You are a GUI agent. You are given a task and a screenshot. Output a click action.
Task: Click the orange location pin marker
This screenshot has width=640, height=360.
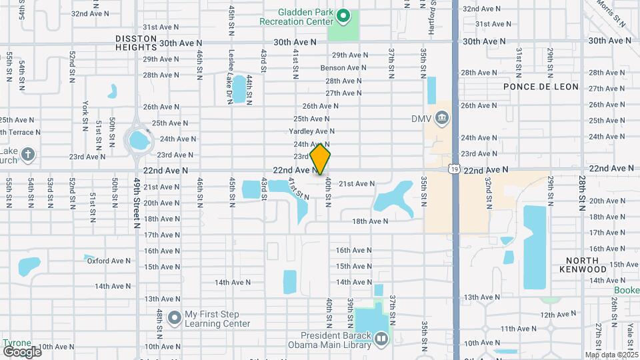click(x=320, y=159)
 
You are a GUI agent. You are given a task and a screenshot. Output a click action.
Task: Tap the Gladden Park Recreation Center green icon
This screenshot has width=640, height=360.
click(x=343, y=15)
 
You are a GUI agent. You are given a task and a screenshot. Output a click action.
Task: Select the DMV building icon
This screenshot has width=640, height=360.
click(x=441, y=119)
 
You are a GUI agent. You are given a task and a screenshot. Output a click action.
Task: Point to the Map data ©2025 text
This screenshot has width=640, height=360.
click(x=611, y=355)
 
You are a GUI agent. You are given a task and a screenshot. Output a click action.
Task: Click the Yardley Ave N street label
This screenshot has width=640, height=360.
click(x=311, y=131)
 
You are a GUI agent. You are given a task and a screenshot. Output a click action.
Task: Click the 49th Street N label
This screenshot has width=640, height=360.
click(x=137, y=204)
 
